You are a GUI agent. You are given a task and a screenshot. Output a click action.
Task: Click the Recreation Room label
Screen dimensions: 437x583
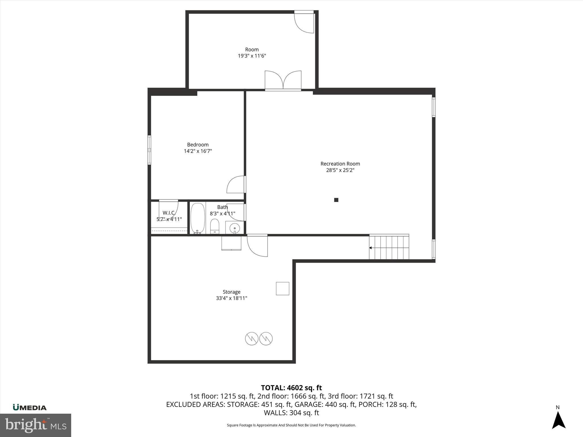tap(340, 164)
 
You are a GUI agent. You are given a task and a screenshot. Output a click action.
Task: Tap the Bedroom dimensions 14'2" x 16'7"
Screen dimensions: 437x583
tap(198, 151)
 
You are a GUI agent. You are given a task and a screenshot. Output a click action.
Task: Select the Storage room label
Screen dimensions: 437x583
tap(231, 292)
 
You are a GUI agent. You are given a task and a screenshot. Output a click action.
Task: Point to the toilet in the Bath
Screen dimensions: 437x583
tap(215, 226)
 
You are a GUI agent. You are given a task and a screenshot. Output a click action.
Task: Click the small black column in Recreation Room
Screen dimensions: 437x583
tap(336, 200)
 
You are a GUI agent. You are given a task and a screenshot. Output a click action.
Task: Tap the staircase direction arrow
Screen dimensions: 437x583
tap(371, 248)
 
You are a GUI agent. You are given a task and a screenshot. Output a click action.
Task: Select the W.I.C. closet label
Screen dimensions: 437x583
tap(169, 213)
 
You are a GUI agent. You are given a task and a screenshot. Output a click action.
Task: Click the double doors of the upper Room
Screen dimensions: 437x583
tap(283, 81)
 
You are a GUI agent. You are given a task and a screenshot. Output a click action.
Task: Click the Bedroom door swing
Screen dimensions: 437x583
tap(236, 185)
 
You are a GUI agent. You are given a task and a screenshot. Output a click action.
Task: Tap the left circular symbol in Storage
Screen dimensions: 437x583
tap(252, 339)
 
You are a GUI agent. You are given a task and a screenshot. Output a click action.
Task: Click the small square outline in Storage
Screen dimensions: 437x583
tap(282, 288)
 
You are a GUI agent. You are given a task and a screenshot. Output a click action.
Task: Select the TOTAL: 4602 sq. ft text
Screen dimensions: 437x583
tap(291, 388)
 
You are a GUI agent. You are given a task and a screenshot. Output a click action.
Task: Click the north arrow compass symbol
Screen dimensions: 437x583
tap(559, 419)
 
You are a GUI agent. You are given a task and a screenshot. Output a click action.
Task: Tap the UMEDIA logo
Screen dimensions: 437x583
tap(30, 408)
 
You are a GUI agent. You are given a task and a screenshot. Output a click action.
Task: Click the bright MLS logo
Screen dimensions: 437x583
tap(36, 425)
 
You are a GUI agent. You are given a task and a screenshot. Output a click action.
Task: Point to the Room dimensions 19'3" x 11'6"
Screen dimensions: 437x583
tap(252, 56)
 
